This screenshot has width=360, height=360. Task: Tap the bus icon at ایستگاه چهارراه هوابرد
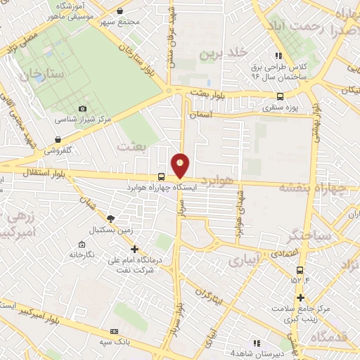(162, 177)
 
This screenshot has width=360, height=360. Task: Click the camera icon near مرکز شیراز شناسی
(83, 108)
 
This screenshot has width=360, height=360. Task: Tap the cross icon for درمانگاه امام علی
(135, 249)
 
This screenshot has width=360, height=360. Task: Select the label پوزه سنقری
(281, 108)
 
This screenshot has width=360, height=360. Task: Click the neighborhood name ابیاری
(244, 259)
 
